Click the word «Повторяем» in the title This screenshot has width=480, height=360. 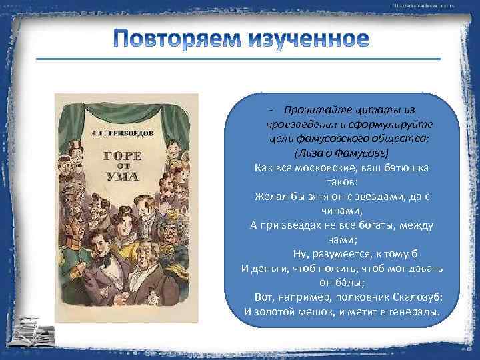click(x=178, y=39)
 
